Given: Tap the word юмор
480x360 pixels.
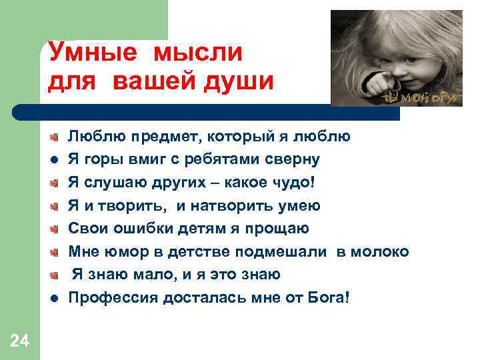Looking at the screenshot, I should (120, 252).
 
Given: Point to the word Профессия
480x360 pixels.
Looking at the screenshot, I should (111, 297).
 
